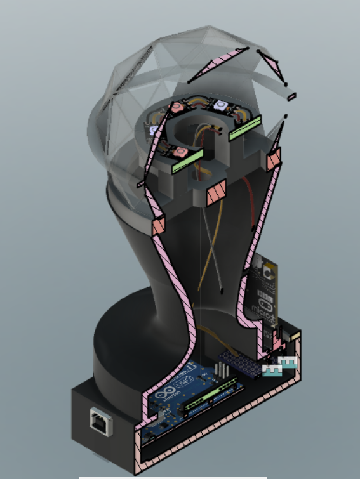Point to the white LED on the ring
tap(221, 103)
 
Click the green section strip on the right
tap(246, 128)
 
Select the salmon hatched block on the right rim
tap(274, 160)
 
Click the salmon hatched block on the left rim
tap(157, 225)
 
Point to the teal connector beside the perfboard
tap(280, 366)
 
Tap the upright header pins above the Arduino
tap(223, 371)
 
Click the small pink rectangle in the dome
tap(291, 97)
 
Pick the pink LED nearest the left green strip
tap(180, 152)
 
